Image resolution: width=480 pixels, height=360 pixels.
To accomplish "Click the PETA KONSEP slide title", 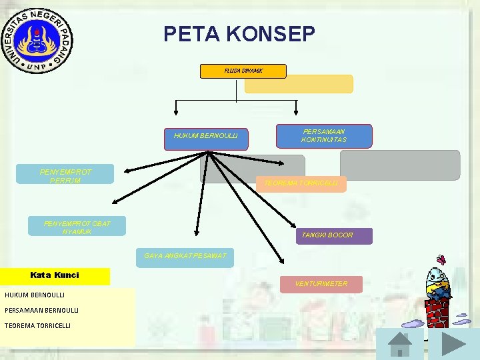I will tap(239, 34).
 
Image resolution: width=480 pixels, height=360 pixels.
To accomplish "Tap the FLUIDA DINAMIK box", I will tap(243, 71).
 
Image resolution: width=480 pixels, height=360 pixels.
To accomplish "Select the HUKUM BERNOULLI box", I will tap(206, 139).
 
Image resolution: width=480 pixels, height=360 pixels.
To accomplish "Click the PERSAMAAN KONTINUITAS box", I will tap(324, 135).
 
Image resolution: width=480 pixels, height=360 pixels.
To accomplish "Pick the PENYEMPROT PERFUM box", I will tap(65, 175).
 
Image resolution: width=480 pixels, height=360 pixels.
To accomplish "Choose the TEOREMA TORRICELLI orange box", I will tap(301, 183).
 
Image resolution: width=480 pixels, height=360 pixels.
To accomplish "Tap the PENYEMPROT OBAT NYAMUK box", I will tap(77, 227).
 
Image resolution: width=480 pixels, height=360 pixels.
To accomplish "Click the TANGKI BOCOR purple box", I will tap(335, 235).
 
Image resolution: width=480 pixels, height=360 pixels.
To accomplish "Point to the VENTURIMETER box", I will tap(321, 285).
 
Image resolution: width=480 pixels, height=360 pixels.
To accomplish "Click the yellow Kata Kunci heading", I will tap(55, 276).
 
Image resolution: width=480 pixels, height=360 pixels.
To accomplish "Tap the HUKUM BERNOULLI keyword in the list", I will tap(35, 295).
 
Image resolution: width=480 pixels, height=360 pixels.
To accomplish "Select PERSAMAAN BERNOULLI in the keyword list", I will tap(41, 310).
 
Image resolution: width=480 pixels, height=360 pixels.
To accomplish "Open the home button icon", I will tap(400, 344).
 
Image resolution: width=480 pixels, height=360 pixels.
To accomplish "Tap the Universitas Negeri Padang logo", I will tap(38, 39).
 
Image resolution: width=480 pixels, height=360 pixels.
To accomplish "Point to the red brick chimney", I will tap(437, 311).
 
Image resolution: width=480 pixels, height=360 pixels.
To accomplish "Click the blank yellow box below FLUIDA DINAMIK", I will tap(299, 84).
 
